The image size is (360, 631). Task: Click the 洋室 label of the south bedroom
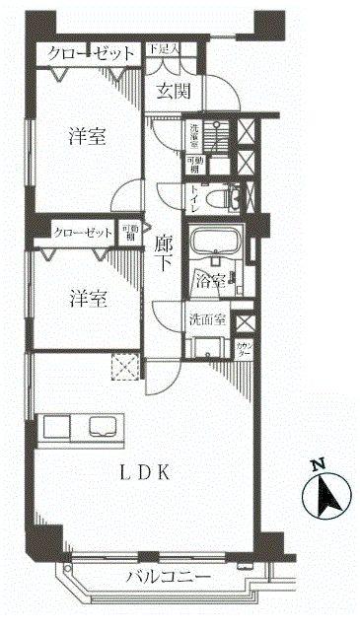pos(87,297)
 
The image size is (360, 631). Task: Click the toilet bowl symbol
pos(229,197)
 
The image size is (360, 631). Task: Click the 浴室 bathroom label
pos(213,279)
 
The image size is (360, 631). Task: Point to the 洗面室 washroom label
pos(208,320)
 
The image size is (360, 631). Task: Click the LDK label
pos(148,473)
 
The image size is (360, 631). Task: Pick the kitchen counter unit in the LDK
pos(86,428)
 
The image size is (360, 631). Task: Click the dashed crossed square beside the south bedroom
pos(125,368)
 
